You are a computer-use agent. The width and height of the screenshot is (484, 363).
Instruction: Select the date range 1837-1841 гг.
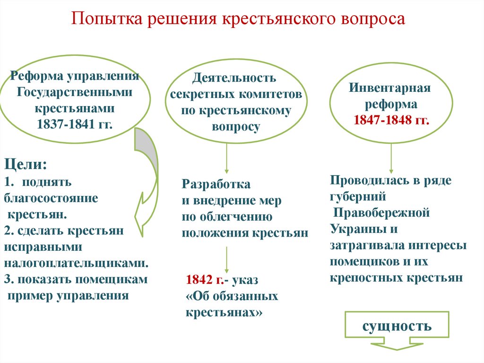(75, 124)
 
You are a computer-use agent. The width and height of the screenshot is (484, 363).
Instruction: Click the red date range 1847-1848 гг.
(391, 120)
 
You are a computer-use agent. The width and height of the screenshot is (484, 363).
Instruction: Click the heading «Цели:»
(26, 165)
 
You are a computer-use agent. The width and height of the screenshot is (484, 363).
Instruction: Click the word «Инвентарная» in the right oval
(390, 88)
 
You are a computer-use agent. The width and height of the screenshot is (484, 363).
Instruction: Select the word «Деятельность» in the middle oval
(234, 77)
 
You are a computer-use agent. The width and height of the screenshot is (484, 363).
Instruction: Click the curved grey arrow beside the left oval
(147, 180)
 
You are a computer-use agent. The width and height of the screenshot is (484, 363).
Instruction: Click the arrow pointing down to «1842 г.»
(227, 258)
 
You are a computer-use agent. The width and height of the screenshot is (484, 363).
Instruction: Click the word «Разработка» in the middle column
(216, 184)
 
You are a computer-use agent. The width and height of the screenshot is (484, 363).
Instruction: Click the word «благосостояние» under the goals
(52, 198)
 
